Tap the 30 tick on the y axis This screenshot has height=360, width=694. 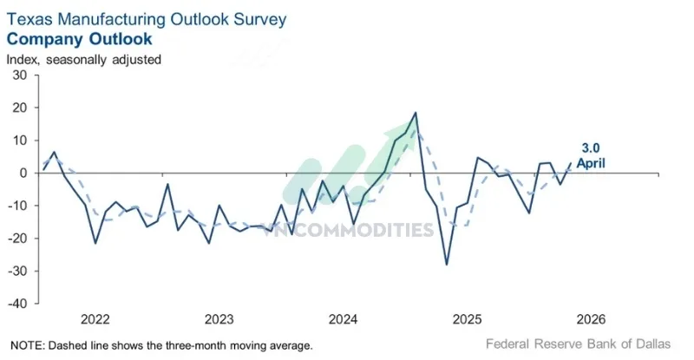[x=20, y=75]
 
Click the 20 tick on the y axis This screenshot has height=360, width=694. [x=20, y=108]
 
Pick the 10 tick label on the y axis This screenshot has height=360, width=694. [x=20, y=141]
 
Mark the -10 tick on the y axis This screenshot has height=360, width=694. [x=17, y=206]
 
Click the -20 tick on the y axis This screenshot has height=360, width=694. [x=17, y=238]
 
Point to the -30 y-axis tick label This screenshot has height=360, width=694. [x=17, y=271]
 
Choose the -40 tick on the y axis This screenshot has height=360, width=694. [x=17, y=303]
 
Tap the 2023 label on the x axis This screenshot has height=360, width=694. [x=219, y=318]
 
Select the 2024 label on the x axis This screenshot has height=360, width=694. [x=344, y=318]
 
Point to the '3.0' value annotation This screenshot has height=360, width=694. [x=592, y=147]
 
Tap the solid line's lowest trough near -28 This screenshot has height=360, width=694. [x=446, y=264]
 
